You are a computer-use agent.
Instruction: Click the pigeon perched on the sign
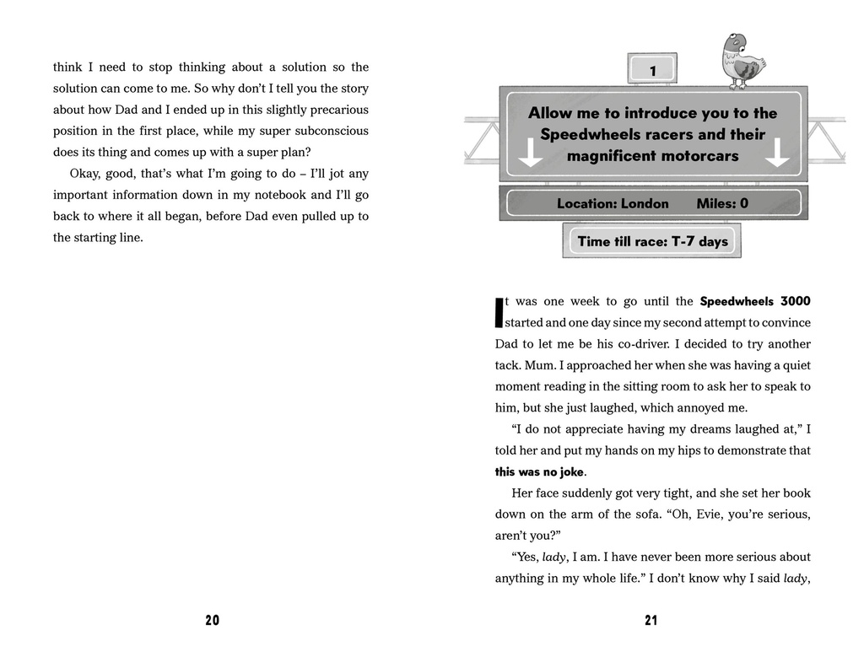[x=742, y=61]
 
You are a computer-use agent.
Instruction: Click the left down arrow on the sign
[x=530, y=153]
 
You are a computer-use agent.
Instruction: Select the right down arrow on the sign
[x=776, y=153]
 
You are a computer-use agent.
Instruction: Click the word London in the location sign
[x=645, y=203]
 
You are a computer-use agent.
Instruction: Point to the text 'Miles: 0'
[x=722, y=203]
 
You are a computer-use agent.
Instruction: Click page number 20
[x=212, y=621]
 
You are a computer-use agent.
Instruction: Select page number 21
[x=651, y=621]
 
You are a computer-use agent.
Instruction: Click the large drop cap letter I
[x=499, y=312]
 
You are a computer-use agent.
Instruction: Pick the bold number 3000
[x=796, y=301]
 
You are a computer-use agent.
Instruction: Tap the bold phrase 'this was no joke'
[x=540, y=472]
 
